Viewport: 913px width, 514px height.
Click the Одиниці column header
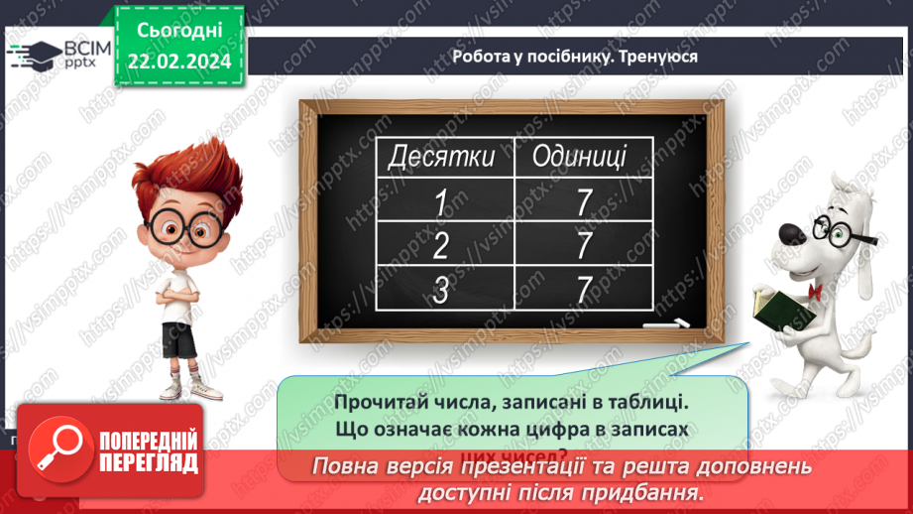click(579, 156)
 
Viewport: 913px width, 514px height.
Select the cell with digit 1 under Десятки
click(441, 201)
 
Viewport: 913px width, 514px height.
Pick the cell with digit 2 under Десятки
click(441, 244)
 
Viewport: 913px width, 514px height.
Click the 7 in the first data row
click(583, 201)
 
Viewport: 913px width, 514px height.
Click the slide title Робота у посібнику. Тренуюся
click(575, 57)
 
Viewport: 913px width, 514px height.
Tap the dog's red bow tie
click(816, 291)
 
